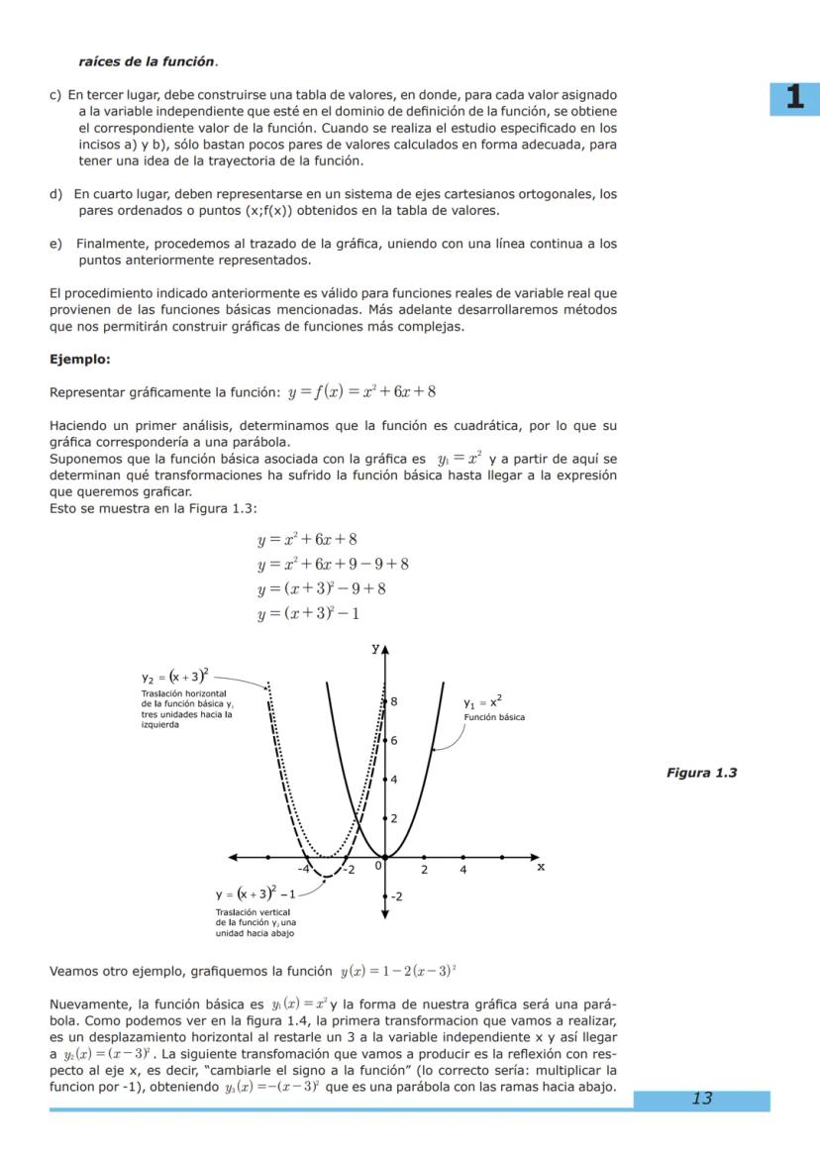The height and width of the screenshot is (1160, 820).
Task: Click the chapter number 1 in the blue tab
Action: [794, 98]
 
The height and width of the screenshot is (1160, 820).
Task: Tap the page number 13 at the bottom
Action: [701, 1099]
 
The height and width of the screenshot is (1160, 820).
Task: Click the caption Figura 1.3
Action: [701, 773]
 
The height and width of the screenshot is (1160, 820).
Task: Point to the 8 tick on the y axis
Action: [394, 700]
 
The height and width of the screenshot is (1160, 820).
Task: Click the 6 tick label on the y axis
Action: [394, 740]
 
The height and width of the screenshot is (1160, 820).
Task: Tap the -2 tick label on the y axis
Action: [396, 896]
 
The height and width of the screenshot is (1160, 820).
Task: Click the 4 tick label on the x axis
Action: [462, 870]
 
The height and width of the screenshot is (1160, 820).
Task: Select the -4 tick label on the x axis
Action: [304, 870]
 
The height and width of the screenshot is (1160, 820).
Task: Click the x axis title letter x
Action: [541, 865]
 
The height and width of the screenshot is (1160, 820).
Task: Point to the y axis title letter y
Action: [375, 648]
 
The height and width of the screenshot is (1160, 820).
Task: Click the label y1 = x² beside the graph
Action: [482, 702]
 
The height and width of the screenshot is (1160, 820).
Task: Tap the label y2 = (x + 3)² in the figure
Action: [174, 677]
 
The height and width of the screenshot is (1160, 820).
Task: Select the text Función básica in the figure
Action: [494, 717]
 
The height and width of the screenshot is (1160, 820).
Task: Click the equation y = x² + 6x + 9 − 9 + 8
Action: [333, 565]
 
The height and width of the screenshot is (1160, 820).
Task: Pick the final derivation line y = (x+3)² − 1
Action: [307, 614]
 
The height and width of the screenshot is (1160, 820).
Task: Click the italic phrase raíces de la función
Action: [147, 61]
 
